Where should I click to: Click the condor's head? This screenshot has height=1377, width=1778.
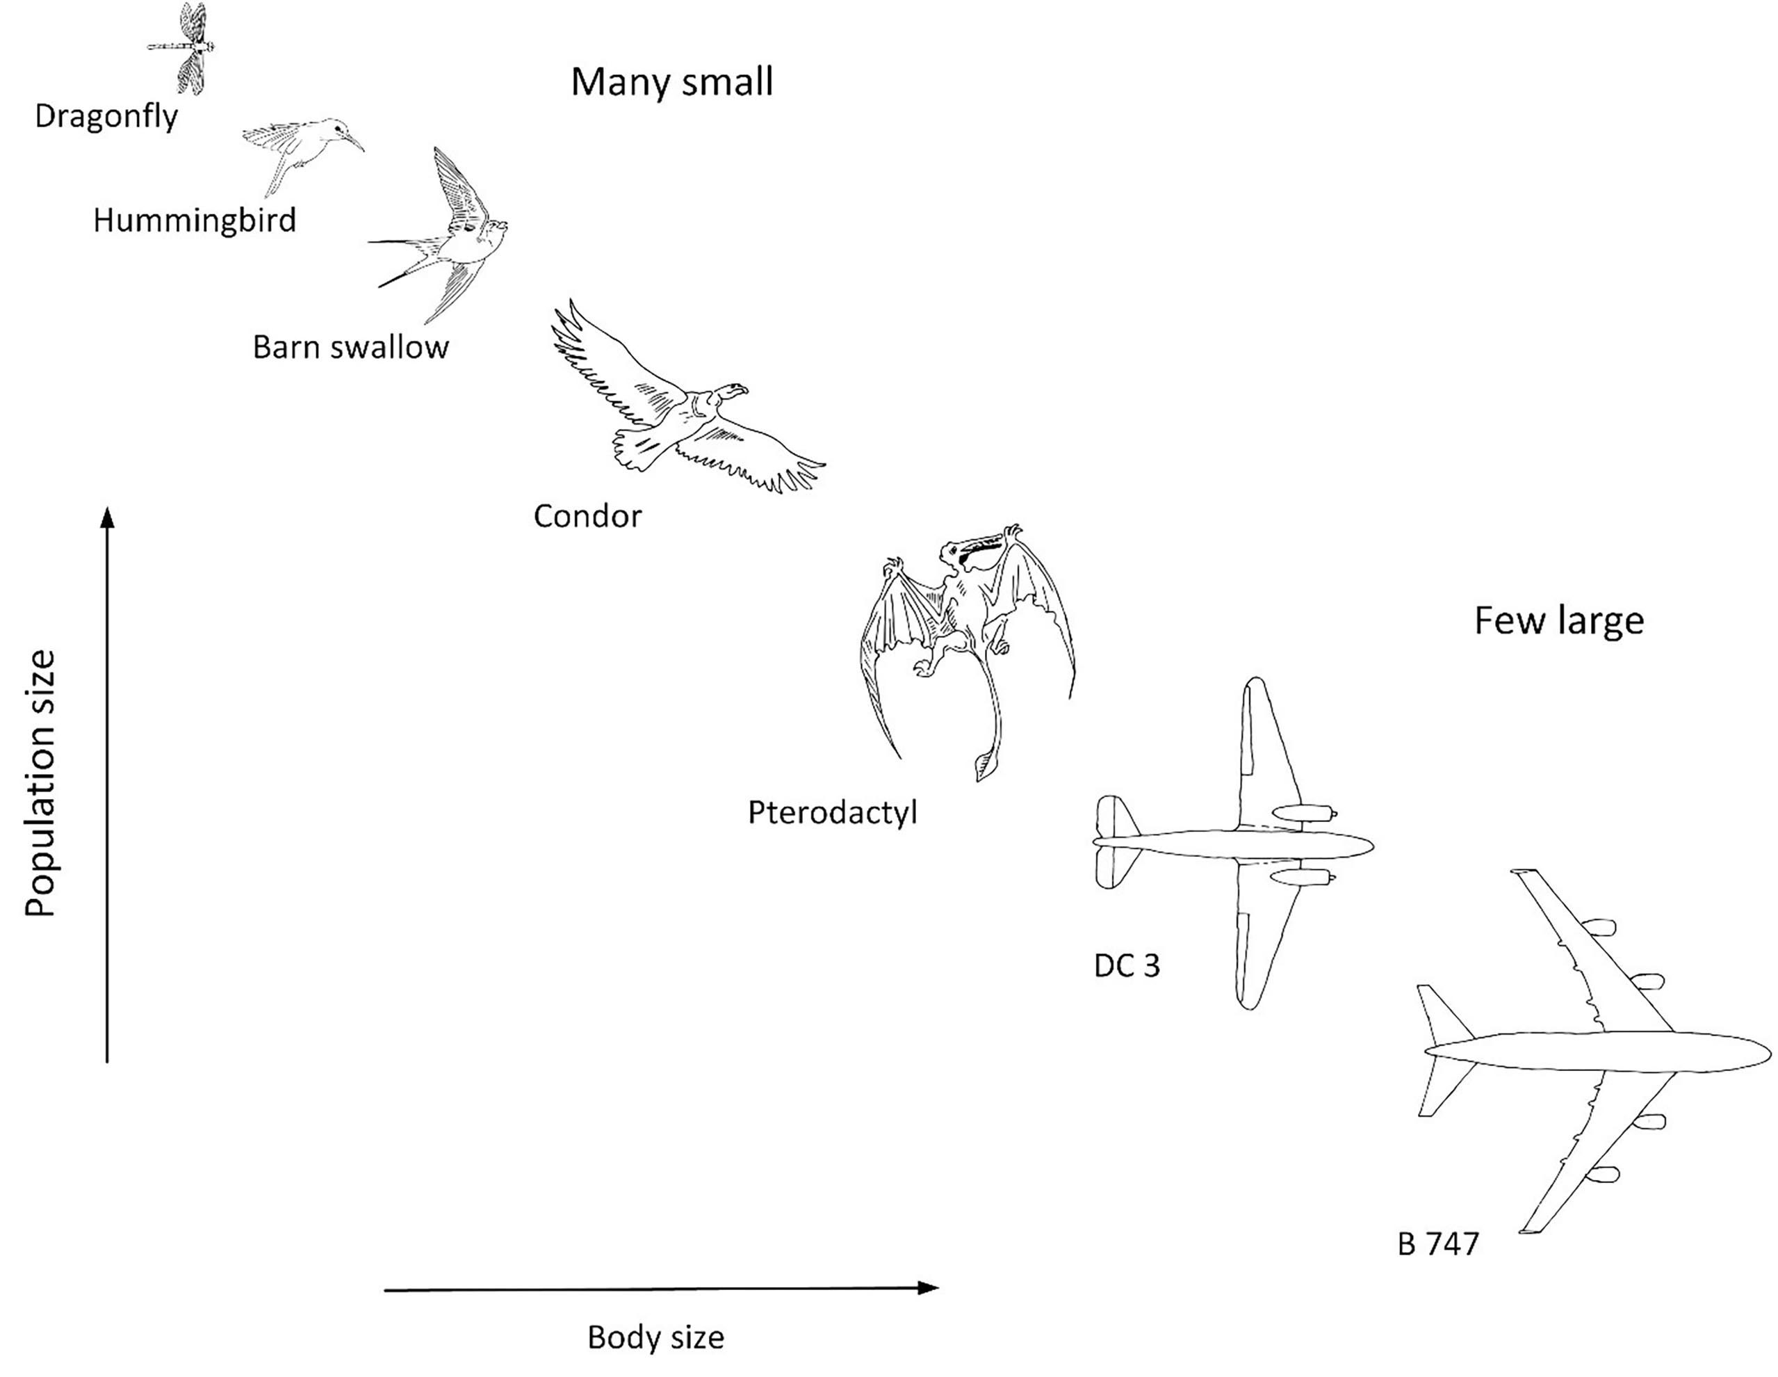pyautogui.click(x=733, y=392)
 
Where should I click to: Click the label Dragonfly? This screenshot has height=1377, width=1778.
pyautogui.click(x=106, y=116)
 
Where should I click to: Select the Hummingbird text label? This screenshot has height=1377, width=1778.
pyautogui.click(x=195, y=220)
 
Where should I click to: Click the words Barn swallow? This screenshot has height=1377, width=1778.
pyautogui.click(x=350, y=348)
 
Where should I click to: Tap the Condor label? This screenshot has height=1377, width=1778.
pyautogui.click(x=587, y=516)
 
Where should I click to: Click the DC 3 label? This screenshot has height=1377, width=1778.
pyautogui.click(x=1127, y=966)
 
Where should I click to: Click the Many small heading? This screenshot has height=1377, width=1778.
pyautogui.click(x=671, y=82)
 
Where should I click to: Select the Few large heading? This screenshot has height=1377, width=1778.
pyautogui.click(x=1558, y=621)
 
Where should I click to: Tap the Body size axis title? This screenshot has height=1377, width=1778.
pyautogui.click(x=655, y=1338)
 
